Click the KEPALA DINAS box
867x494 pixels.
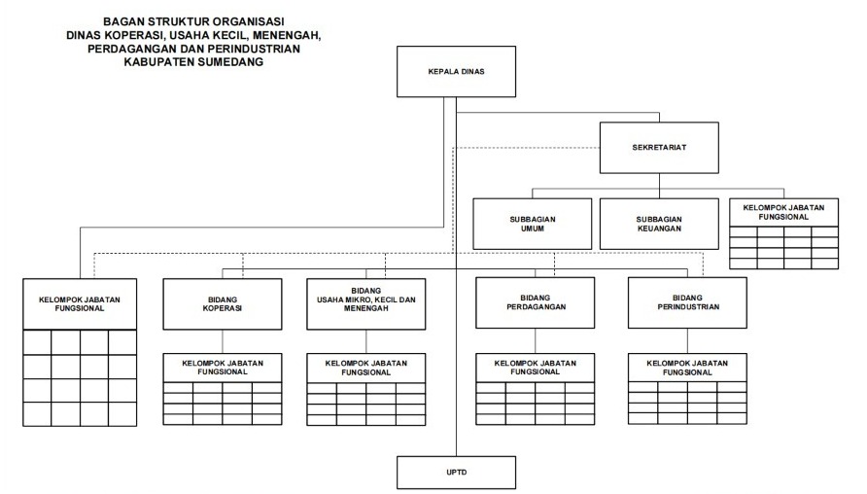456,71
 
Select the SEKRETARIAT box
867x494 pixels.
659,148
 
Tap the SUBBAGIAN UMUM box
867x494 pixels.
532,224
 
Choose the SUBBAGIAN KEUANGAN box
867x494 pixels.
659,224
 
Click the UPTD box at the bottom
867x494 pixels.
456,473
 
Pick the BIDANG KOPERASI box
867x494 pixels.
223,304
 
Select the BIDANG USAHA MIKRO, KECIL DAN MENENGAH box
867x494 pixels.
366,304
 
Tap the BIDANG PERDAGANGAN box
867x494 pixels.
536,302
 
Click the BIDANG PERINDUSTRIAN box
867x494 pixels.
687,302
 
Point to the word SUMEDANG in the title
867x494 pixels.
230,62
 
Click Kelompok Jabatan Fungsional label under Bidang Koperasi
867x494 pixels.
223,368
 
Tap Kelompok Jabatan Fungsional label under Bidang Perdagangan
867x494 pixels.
536,368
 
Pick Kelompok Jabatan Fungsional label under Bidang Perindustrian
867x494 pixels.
687,368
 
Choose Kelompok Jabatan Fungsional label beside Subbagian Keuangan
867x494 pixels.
783,212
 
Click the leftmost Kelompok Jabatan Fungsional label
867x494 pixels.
80,304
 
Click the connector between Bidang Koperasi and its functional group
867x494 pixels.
223,342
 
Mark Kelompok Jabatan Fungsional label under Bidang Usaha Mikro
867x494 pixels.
366,368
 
